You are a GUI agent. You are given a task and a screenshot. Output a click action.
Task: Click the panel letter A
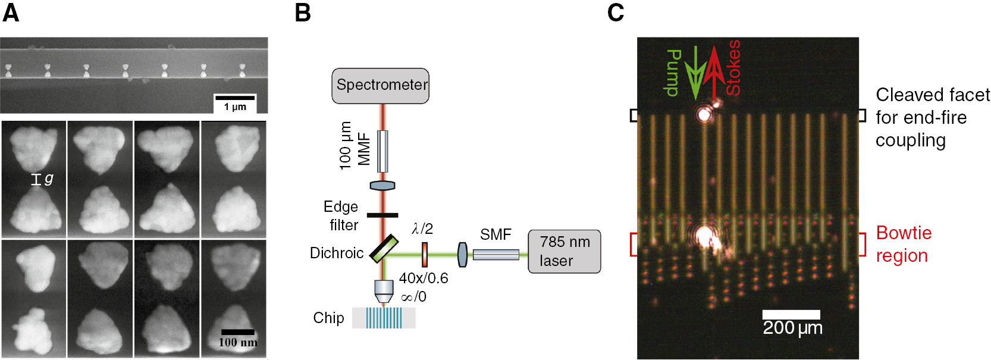11,12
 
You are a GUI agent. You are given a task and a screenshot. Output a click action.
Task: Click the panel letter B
303,12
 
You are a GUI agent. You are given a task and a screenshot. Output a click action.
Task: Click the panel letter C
616,12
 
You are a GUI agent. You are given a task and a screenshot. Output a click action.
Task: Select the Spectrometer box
381,86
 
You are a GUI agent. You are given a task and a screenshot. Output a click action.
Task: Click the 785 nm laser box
564,252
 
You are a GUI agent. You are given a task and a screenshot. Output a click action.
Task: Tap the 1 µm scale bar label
235,107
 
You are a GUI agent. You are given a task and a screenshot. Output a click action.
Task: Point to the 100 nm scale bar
237,332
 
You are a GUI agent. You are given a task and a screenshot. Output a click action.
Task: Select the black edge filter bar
382,215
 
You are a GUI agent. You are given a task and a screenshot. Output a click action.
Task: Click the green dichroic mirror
384,249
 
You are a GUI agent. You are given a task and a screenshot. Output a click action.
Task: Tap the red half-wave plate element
425,254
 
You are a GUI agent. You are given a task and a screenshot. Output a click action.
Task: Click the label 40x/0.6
424,278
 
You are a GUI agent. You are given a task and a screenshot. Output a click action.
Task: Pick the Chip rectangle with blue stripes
384,318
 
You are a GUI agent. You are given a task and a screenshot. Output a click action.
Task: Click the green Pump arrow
694,74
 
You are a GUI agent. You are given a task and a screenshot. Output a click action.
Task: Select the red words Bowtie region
903,244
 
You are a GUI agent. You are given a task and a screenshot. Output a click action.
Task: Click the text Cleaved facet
932,95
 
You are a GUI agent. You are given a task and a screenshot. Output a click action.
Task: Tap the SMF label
495,234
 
